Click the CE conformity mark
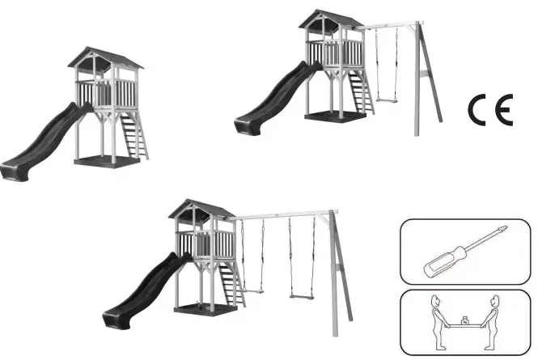[490, 109]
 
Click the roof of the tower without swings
[105, 57]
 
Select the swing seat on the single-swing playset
[387, 100]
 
